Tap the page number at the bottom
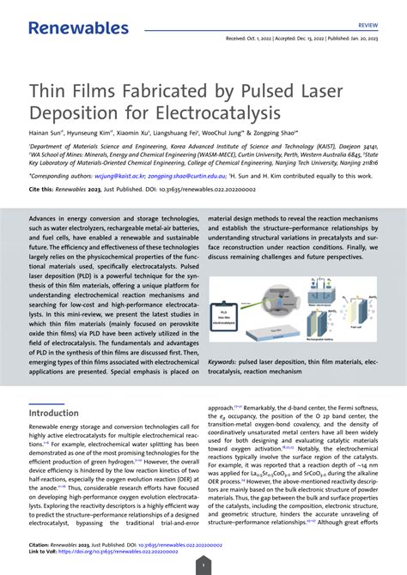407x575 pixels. click(x=203, y=565)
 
